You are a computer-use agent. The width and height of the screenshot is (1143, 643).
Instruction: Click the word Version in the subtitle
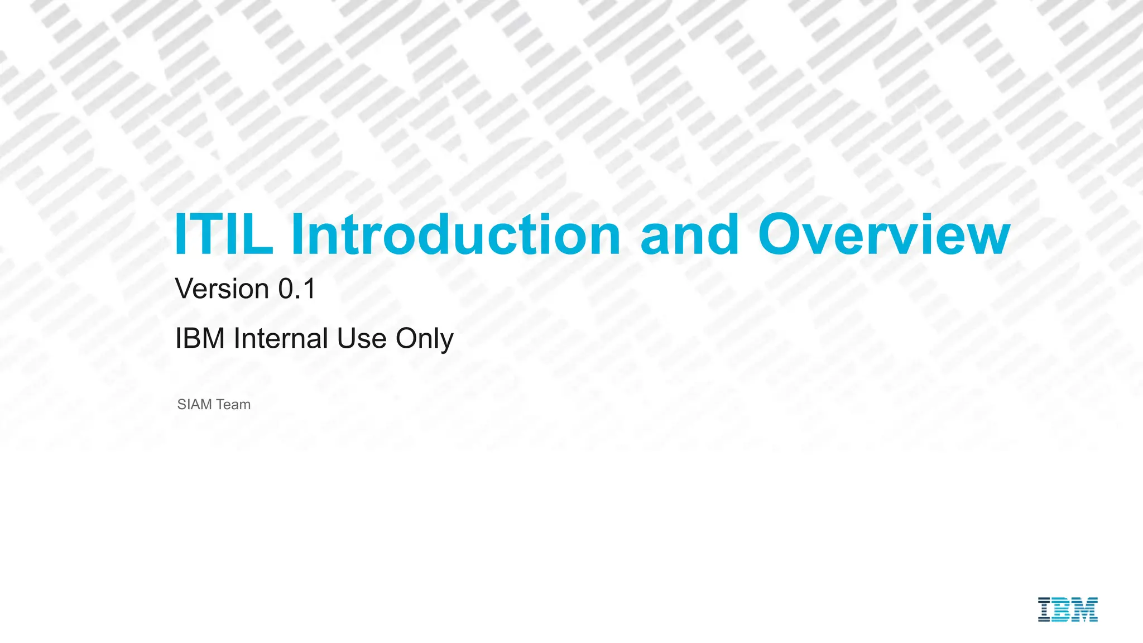click(x=222, y=289)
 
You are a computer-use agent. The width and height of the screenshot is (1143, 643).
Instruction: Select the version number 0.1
click(x=297, y=289)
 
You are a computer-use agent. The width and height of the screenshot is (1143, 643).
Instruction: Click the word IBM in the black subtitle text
click(x=200, y=338)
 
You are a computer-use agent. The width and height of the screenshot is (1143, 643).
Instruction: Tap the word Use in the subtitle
click(x=362, y=338)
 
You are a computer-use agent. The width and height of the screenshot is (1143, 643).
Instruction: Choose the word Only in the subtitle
click(x=424, y=339)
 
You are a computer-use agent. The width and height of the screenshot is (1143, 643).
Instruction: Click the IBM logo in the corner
click(x=1068, y=610)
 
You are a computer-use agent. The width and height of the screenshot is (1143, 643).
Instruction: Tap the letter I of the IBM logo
click(x=1044, y=610)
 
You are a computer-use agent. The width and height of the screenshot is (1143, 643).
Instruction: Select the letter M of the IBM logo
click(x=1086, y=610)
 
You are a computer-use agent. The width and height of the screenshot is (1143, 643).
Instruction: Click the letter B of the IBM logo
click(x=1062, y=610)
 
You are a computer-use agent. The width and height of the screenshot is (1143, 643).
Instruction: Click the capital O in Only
click(x=407, y=338)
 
